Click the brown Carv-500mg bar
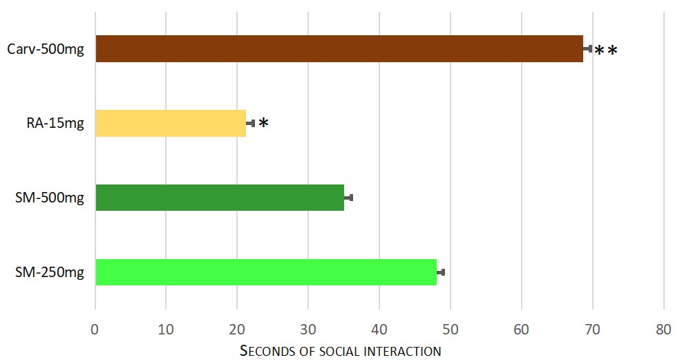pyautogui.click(x=339, y=49)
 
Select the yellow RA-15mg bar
pyautogui.click(x=171, y=124)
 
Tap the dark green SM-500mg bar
pyautogui.click(x=220, y=198)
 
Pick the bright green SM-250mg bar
pyautogui.click(x=266, y=272)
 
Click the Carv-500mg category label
pyautogui.click(x=46, y=49)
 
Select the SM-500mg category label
pyautogui.click(x=50, y=198)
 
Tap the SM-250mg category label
pyautogui.click(x=50, y=272)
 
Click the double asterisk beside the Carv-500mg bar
pyautogui.click(x=606, y=51)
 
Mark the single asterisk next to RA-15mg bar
pyautogui.click(x=263, y=124)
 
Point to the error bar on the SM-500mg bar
pyautogui.click(x=349, y=198)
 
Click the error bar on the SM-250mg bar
pyautogui.click(x=441, y=272)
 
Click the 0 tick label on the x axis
pyautogui.click(x=95, y=330)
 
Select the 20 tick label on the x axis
pyautogui.click(x=237, y=330)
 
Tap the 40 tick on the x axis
pyautogui.click(x=379, y=330)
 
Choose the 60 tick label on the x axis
pyautogui.click(x=522, y=330)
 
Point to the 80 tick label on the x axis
pyautogui.click(x=663, y=330)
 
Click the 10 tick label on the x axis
pyautogui.click(x=166, y=330)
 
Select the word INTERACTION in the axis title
pyautogui.click(x=404, y=351)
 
